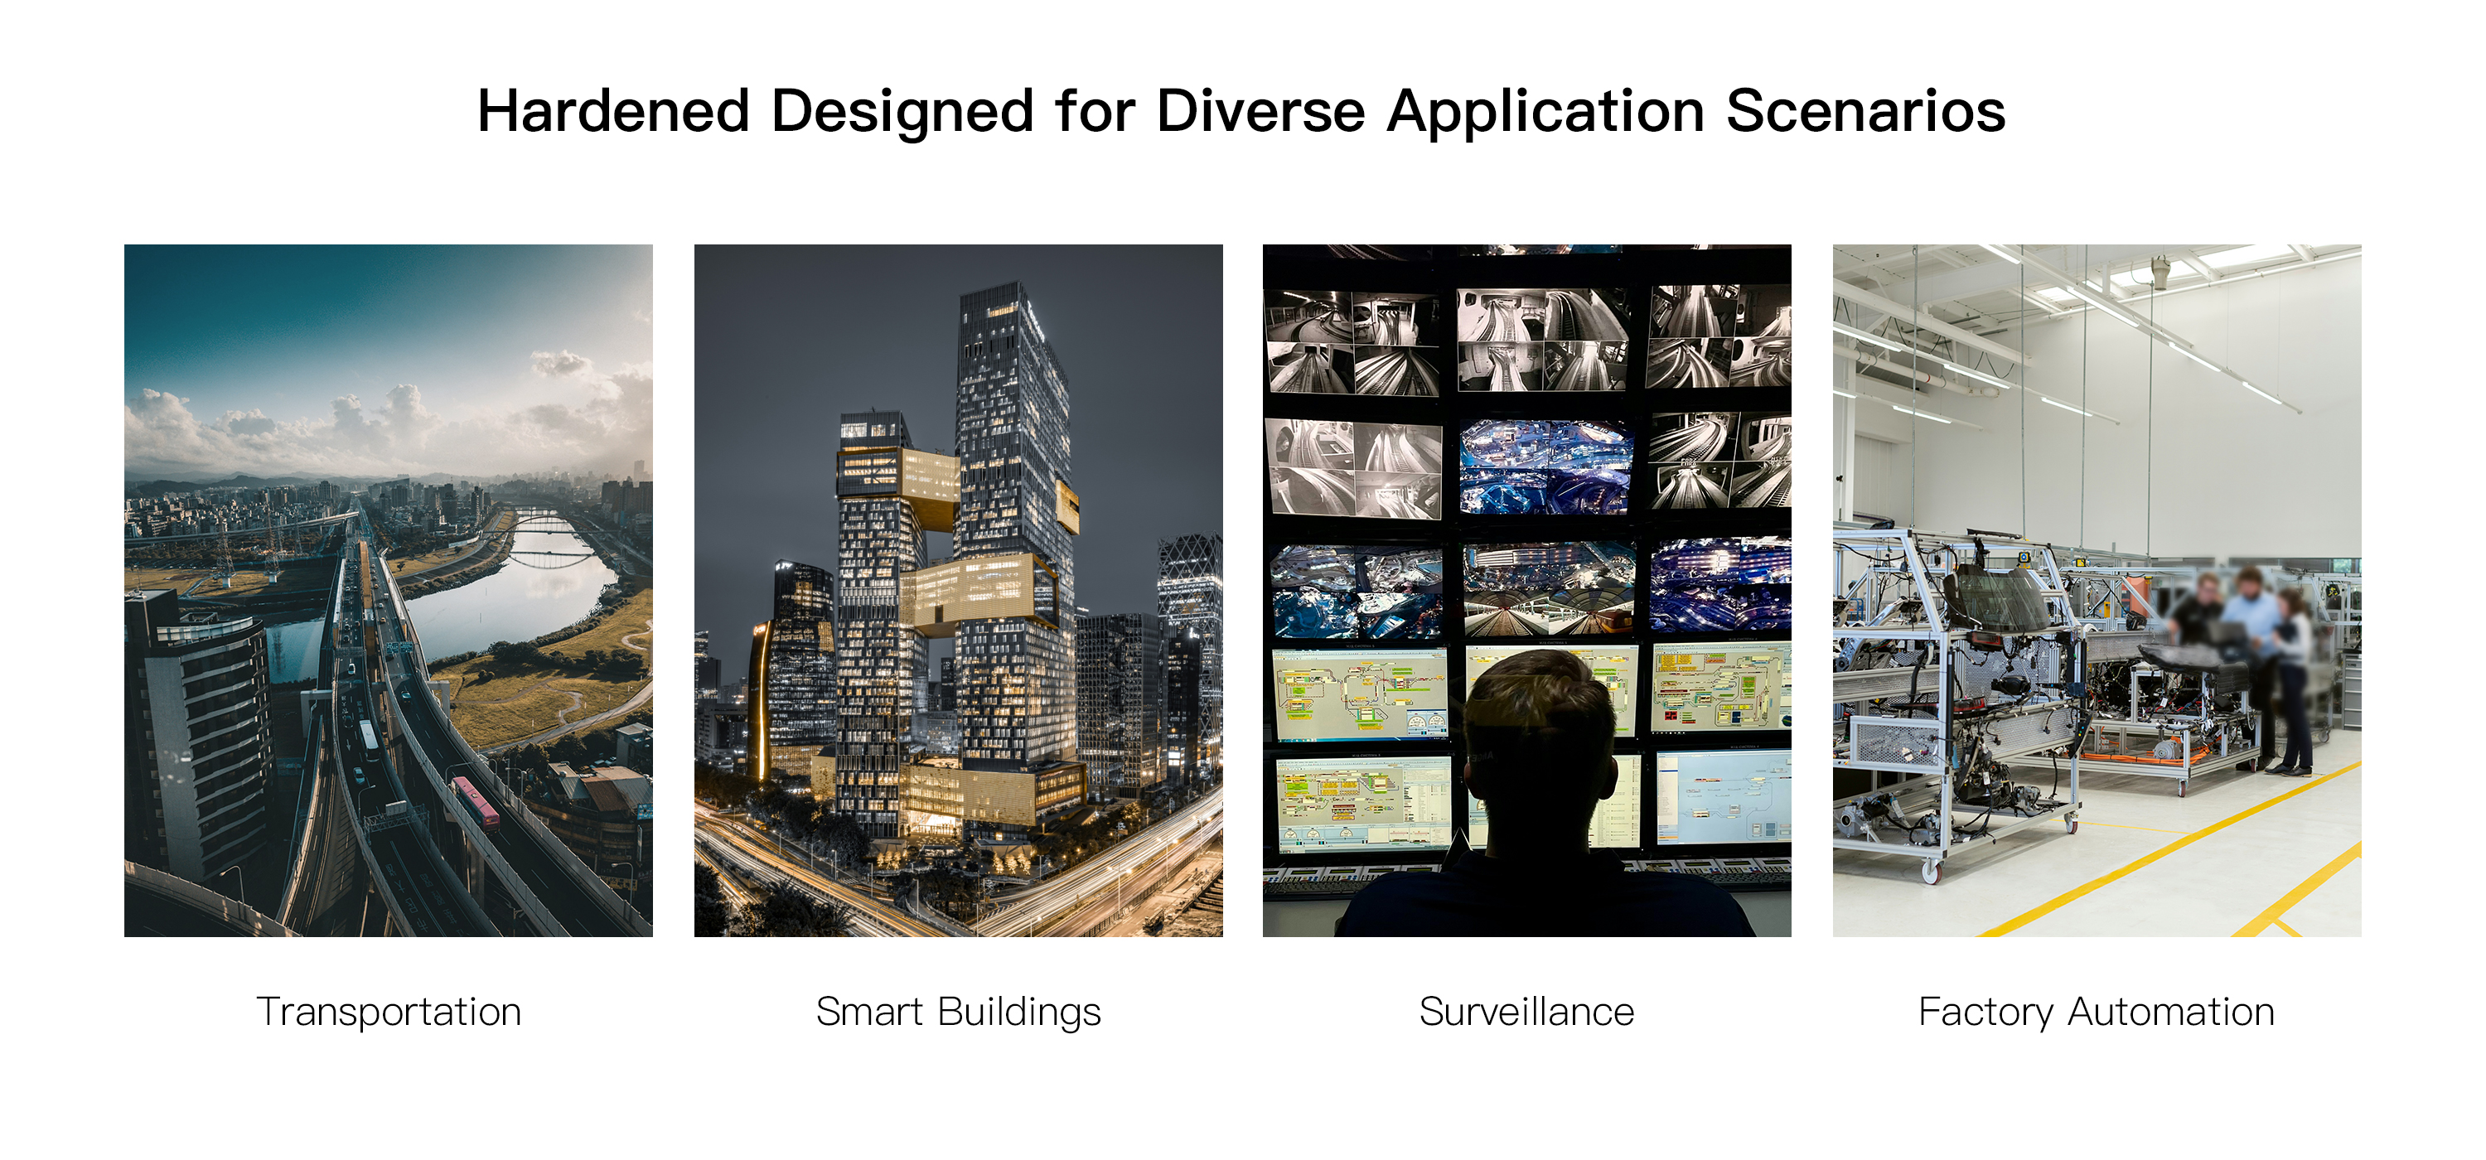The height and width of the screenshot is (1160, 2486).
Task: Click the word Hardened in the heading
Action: (614, 111)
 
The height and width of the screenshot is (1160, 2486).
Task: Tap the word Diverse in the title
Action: (1260, 111)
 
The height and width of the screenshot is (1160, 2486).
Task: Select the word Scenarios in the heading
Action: (1865, 111)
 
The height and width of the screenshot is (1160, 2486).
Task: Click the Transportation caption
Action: (389, 1012)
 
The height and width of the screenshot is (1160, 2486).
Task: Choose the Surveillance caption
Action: (1526, 1012)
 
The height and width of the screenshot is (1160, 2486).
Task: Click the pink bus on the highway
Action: (476, 802)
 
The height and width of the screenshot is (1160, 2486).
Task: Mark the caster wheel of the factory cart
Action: (1929, 872)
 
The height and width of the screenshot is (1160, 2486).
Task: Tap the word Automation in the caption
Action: (2170, 1012)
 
